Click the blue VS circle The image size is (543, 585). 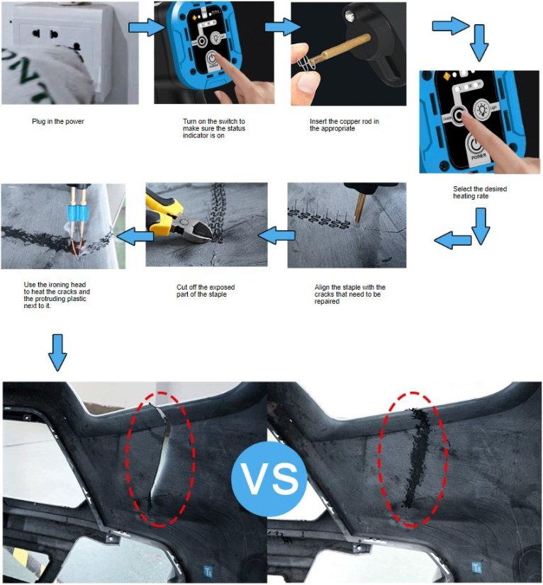point(269,479)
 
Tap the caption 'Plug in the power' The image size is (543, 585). point(58,122)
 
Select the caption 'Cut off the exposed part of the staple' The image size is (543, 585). point(206,290)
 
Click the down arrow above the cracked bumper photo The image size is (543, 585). point(57,353)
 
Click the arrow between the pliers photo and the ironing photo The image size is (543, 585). point(135,236)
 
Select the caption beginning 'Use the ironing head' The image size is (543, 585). point(57,295)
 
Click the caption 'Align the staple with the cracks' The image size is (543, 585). point(349,294)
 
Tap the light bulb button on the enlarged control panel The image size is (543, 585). point(483,109)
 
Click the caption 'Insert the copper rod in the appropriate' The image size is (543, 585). point(345,125)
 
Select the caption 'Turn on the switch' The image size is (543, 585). point(213,128)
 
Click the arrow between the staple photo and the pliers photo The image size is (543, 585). point(276,236)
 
